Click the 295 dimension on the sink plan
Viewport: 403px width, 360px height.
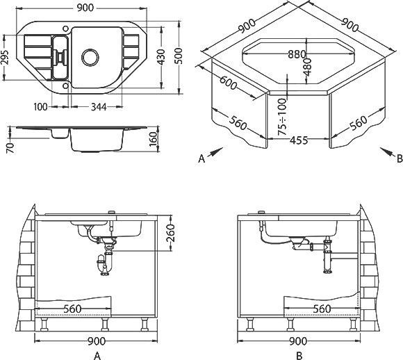[x=6, y=57]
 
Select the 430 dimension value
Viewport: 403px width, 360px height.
[x=161, y=57]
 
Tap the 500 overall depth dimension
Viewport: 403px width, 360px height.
[x=179, y=56]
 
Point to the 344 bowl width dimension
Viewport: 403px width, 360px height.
[x=99, y=107]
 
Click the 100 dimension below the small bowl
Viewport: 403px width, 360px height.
[x=40, y=106]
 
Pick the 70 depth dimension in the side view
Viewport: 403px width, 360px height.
[x=10, y=148]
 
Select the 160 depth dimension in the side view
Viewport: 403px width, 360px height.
[x=153, y=139]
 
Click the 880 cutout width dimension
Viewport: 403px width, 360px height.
[x=297, y=54]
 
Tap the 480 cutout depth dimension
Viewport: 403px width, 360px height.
[x=307, y=67]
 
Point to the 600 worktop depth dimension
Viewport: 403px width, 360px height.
[x=228, y=82]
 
